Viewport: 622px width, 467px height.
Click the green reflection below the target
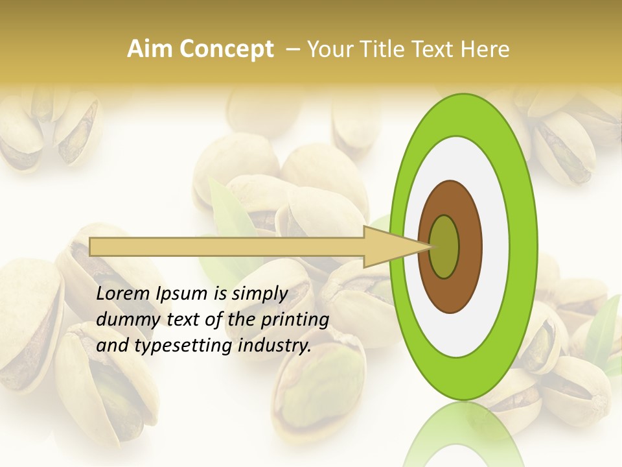tap(463, 435)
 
